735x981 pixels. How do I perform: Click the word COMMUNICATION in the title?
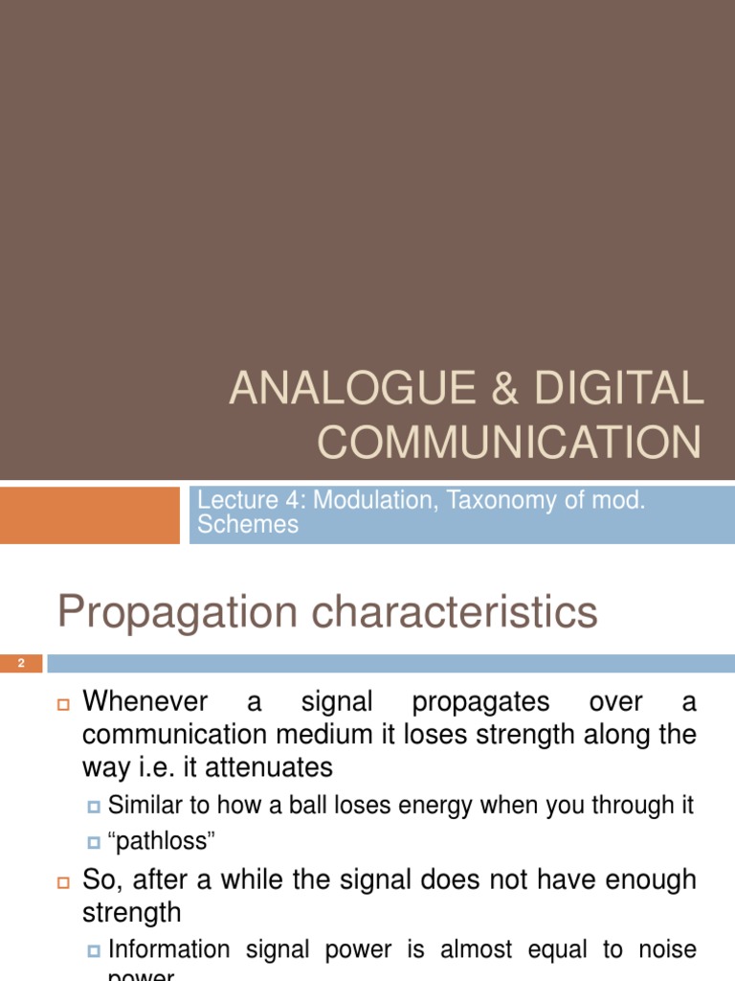click(509, 442)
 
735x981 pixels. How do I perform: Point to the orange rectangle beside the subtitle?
click(90, 514)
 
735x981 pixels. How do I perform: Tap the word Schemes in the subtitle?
click(247, 524)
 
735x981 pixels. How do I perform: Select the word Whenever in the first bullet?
click(146, 702)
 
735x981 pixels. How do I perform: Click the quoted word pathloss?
click(163, 842)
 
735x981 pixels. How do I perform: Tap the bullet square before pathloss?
click(94, 843)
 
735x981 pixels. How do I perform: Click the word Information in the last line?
click(169, 949)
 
